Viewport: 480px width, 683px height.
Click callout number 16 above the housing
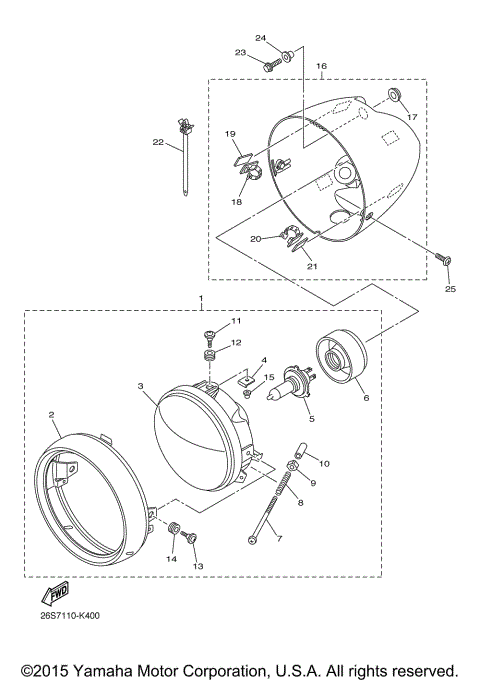pos(322,66)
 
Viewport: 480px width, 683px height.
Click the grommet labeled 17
pos(393,93)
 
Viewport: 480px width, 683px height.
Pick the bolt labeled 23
pos(270,64)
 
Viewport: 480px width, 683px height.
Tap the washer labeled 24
pos(287,54)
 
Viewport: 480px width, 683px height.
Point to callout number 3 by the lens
pos(142,386)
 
